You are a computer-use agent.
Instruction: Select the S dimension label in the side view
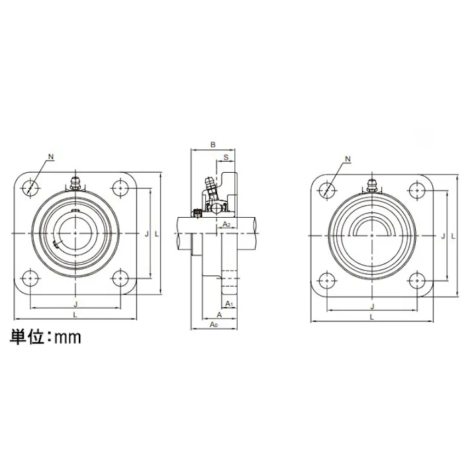click(226, 157)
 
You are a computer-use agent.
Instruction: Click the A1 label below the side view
click(229, 303)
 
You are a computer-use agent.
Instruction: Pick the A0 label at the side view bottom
click(213, 325)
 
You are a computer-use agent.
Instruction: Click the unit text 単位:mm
click(45, 337)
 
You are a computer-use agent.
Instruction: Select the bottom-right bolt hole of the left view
click(120, 278)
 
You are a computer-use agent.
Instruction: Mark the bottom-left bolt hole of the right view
click(327, 279)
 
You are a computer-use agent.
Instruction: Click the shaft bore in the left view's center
click(75, 233)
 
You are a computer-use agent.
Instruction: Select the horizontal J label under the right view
click(372, 306)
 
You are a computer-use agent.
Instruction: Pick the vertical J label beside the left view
click(146, 233)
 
